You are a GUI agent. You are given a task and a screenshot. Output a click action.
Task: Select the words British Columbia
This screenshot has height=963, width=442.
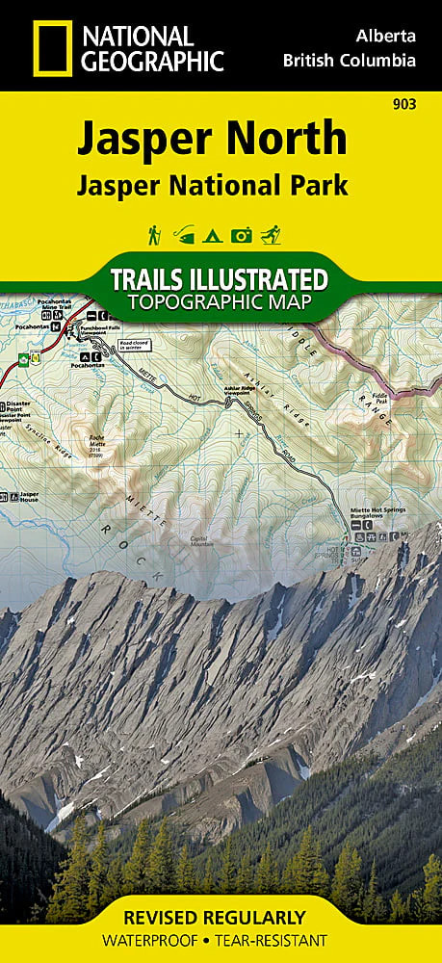click(x=350, y=60)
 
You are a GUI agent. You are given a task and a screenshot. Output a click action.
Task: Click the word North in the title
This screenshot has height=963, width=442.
click(x=290, y=139)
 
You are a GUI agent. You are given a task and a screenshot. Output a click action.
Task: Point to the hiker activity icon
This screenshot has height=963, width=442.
click(x=154, y=234)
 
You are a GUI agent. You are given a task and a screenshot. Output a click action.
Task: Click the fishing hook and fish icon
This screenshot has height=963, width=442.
click(x=184, y=234)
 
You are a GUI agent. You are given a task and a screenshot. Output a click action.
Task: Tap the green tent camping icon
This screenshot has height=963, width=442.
click(x=213, y=234)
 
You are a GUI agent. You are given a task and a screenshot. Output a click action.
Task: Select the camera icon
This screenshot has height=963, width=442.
click(x=243, y=234)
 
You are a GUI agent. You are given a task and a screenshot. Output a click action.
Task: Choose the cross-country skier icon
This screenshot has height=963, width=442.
click(x=273, y=234)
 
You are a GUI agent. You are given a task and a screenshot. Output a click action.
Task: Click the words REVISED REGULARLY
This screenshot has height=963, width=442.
click(x=221, y=917)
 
